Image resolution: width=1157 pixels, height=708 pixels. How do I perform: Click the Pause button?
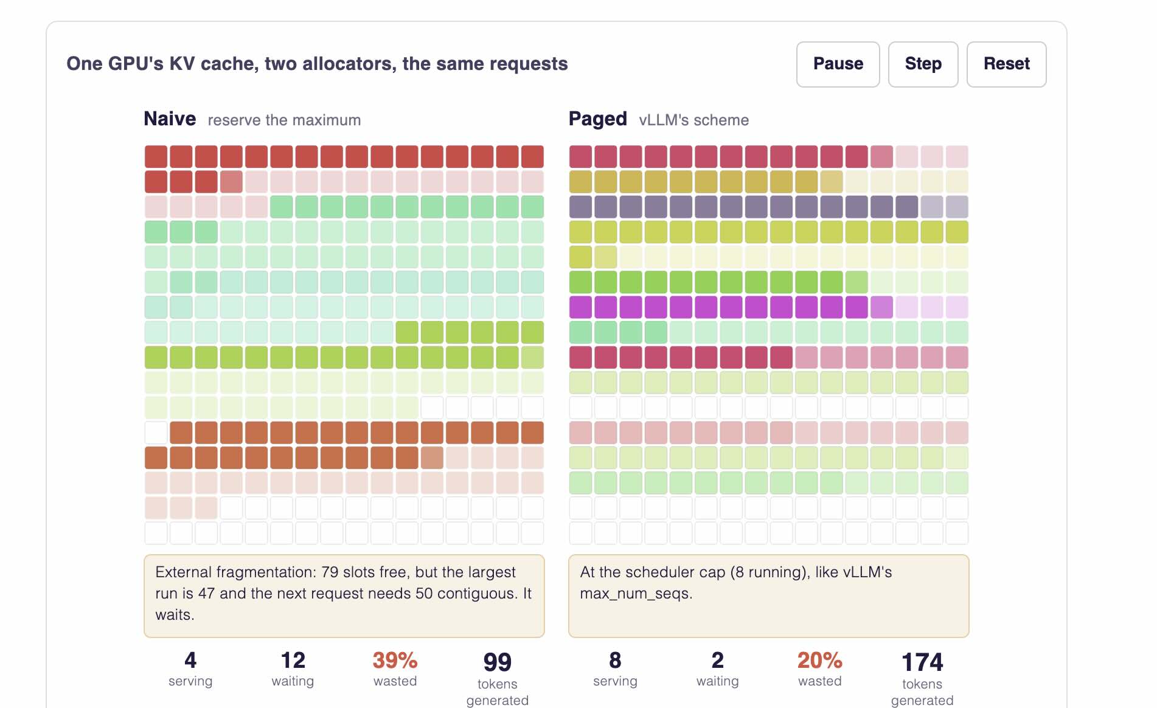pos(838,64)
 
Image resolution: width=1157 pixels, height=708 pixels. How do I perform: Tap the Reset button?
pos(1006,64)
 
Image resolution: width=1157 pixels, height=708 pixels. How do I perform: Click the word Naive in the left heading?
pos(170,119)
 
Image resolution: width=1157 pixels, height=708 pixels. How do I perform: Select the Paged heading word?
pos(597,119)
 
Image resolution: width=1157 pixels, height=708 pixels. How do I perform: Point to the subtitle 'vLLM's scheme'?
pos(693,120)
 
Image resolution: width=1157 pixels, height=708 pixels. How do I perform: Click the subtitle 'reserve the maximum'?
pos(284,120)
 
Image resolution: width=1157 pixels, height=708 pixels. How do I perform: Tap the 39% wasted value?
pos(395,660)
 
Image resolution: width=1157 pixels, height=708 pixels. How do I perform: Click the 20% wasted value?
pos(819,660)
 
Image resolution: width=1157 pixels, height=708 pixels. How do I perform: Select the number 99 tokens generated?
pos(497,662)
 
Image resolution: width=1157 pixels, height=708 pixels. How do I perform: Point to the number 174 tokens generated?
pos(922,662)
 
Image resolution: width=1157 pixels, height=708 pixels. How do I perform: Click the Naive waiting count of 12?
pos(293,660)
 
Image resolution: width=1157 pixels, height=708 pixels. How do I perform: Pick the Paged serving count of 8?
pos(615,660)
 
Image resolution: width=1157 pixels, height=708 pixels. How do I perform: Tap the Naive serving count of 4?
pos(190,660)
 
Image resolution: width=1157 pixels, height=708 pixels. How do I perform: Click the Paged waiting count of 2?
pos(717,660)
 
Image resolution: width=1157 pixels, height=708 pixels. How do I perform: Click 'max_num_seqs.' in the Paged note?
pos(636,594)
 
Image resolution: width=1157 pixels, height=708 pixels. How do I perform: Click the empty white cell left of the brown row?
pos(156,432)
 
